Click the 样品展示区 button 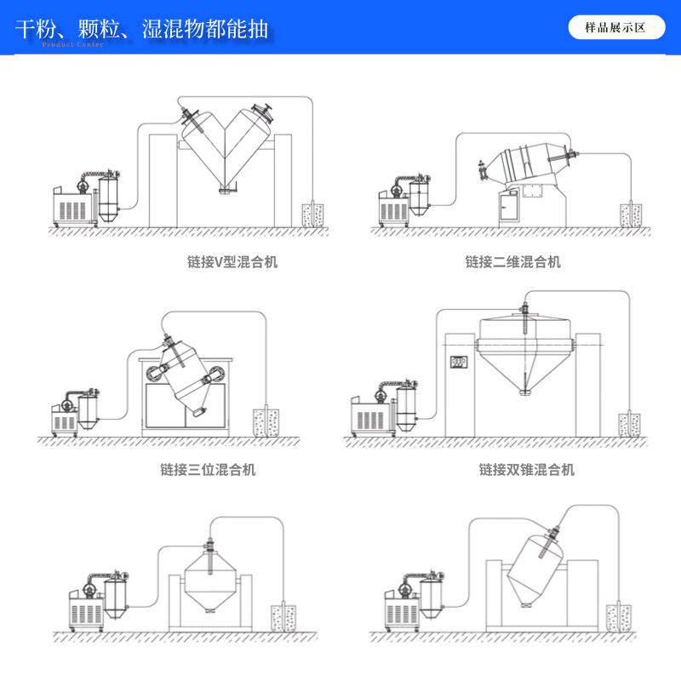(x=615, y=27)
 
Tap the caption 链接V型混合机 (x=232, y=261)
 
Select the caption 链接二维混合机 (x=512, y=261)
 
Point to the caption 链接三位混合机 (x=208, y=469)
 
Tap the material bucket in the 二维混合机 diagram (x=631, y=214)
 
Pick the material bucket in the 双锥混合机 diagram (x=631, y=422)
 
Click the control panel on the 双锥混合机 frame (x=460, y=363)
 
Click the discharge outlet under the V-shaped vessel (x=226, y=189)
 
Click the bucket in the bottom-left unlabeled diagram (x=280, y=617)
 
